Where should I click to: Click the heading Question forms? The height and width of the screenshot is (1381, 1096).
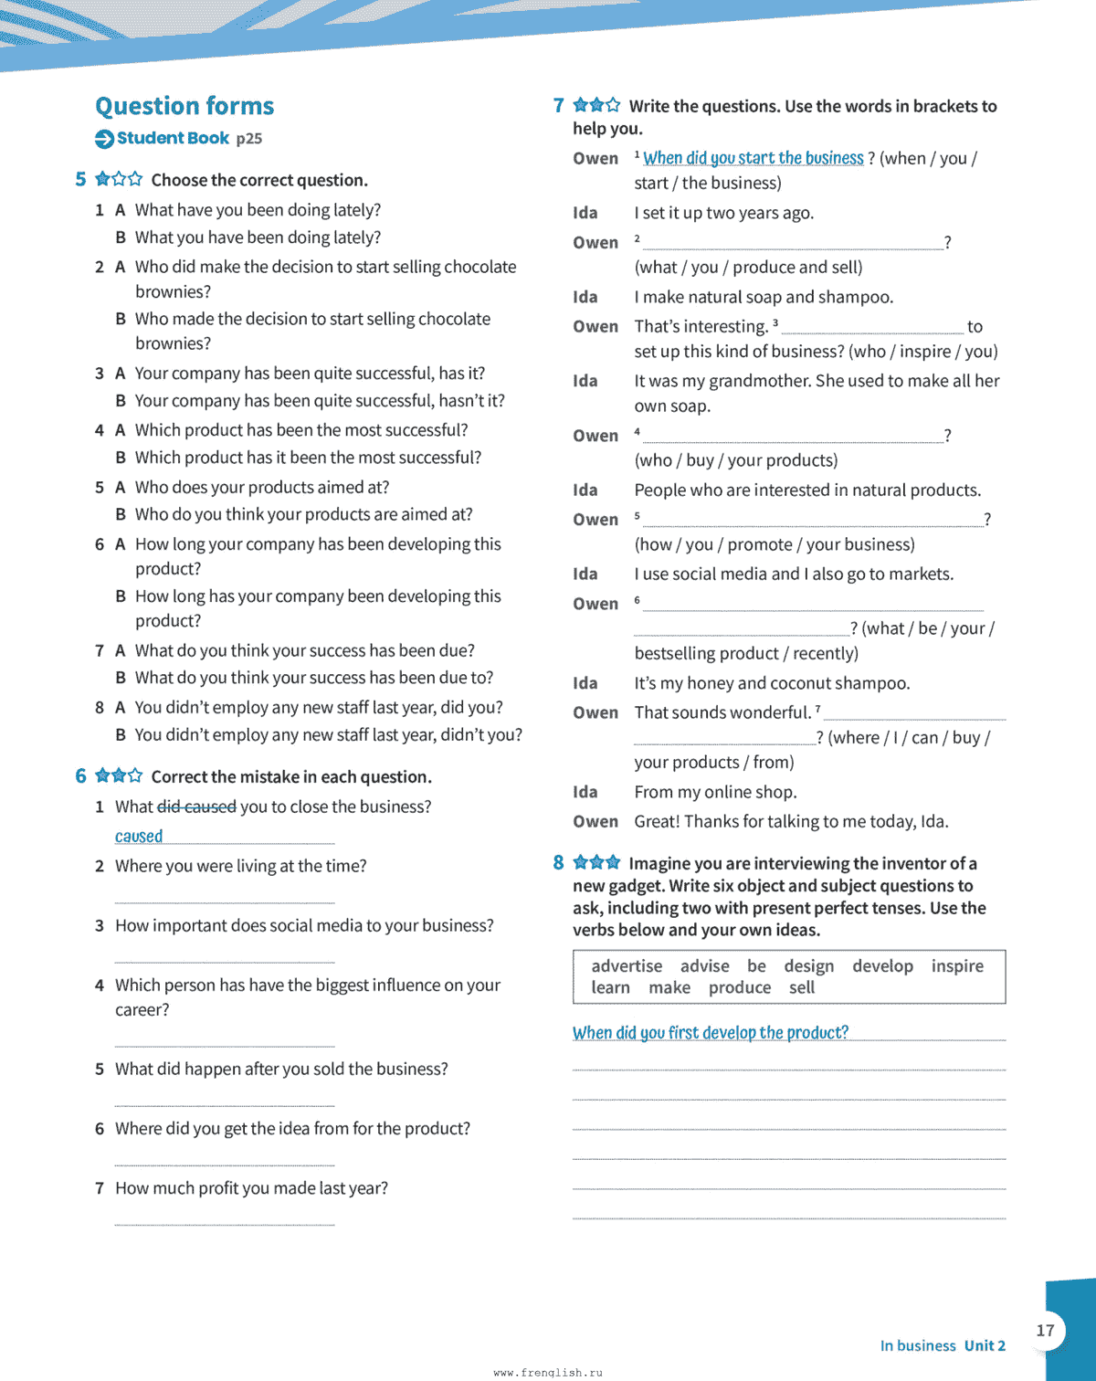point(184,106)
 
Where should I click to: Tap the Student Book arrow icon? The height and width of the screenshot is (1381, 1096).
point(104,139)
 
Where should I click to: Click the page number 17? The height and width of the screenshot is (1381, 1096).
point(1046,1330)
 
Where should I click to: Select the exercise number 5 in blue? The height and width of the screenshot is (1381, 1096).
point(80,179)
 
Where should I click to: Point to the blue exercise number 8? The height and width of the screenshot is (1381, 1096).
point(558,862)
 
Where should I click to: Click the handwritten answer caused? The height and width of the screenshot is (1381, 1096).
point(139,836)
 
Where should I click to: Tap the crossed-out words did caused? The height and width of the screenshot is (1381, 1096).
point(196,806)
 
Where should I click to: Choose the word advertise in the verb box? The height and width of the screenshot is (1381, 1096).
point(627,965)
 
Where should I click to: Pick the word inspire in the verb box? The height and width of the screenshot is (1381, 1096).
point(957,965)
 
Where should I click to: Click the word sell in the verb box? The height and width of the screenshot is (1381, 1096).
point(802,987)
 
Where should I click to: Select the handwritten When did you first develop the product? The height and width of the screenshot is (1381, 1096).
point(710,1032)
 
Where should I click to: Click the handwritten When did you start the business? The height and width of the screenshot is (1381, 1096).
point(753,158)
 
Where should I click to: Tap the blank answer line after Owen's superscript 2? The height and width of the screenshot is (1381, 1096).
point(793,243)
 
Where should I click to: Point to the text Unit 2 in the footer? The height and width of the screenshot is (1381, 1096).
point(985,1345)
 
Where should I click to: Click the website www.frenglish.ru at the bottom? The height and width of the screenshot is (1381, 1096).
point(548,1372)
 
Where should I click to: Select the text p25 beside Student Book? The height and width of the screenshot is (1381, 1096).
point(248,139)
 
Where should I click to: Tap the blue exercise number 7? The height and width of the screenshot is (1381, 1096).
point(558,105)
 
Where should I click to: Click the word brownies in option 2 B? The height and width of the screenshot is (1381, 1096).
point(173,343)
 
